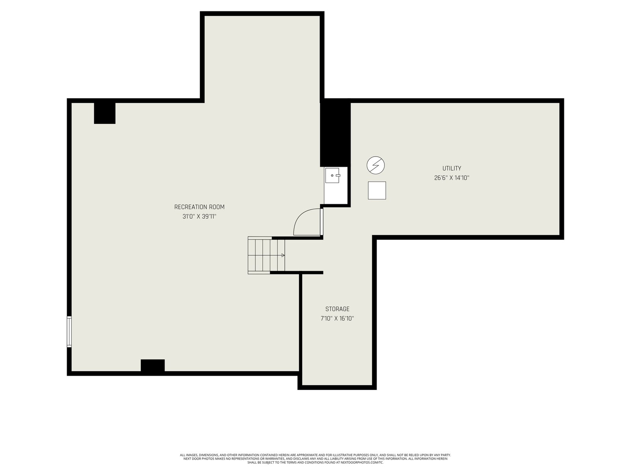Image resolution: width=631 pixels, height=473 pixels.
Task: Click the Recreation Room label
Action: click(x=199, y=207)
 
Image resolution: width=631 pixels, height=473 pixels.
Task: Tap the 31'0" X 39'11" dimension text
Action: click(x=199, y=216)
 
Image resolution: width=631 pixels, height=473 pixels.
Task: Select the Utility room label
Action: click(x=452, y=168)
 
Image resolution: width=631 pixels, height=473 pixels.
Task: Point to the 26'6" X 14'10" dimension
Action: click(x=452, y=178)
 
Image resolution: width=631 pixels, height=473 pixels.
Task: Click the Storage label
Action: click(x=337, y=309)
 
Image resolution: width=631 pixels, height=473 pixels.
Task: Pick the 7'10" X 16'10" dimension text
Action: click(x=337, y=318)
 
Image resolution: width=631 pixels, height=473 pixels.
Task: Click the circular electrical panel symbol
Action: click(x=375, y=165)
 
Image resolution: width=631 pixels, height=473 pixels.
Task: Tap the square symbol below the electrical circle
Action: click(x=377, y=190)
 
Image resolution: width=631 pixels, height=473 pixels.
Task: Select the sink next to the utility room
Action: click(x=332, y=175)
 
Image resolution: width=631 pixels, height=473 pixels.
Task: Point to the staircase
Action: click(x=266, y=255)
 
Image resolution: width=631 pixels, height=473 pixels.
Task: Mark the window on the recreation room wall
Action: click(x=69, y=332)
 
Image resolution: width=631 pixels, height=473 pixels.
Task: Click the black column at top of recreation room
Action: click(x=105, y=113)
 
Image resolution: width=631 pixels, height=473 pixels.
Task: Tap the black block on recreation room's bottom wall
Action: click(x=153, y=365)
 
